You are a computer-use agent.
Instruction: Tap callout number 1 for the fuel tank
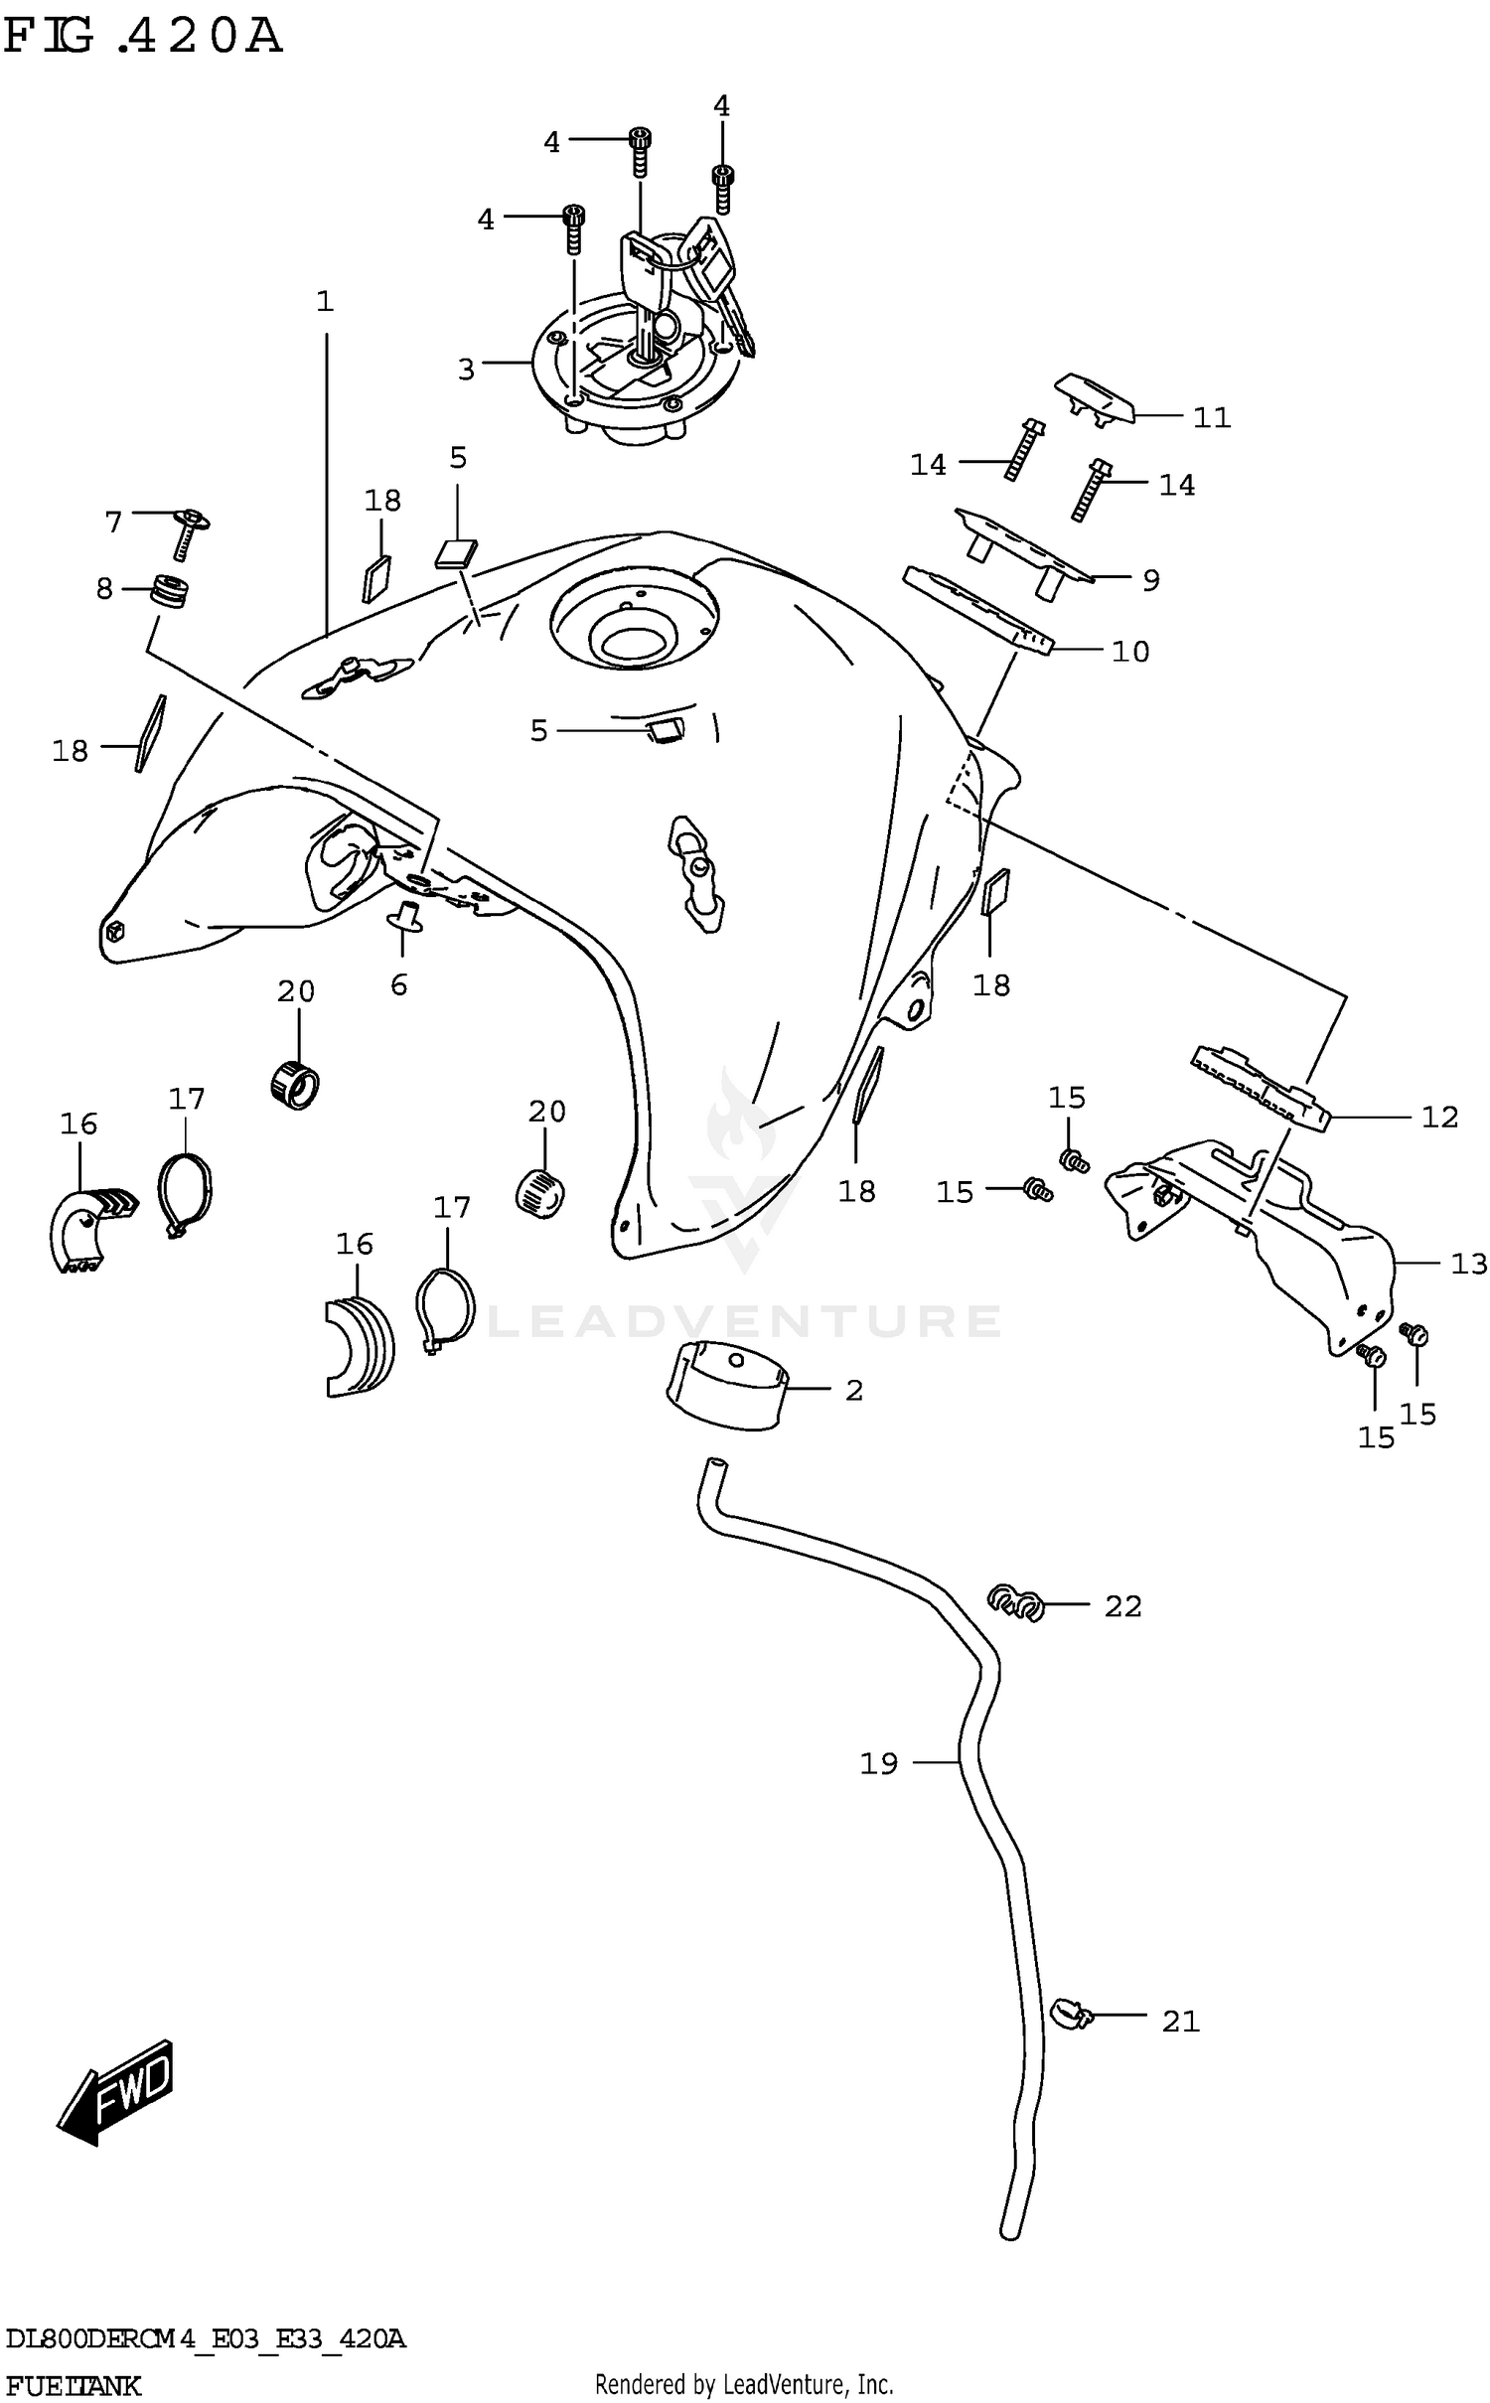pos(325,301)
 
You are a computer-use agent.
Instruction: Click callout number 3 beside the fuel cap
pos(466,370)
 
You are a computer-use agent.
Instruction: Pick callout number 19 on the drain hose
pos(878,1763)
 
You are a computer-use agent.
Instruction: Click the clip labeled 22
pos(1014,1603)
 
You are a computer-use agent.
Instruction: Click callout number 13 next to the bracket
pos(1469,1264)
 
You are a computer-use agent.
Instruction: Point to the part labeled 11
pos(1093,399)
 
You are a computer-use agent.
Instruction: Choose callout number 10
pos(1130,652)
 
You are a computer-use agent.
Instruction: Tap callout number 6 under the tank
pos(398,984)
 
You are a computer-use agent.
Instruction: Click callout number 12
pos(1439,1118)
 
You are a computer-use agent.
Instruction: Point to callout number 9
pos(1150,580)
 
